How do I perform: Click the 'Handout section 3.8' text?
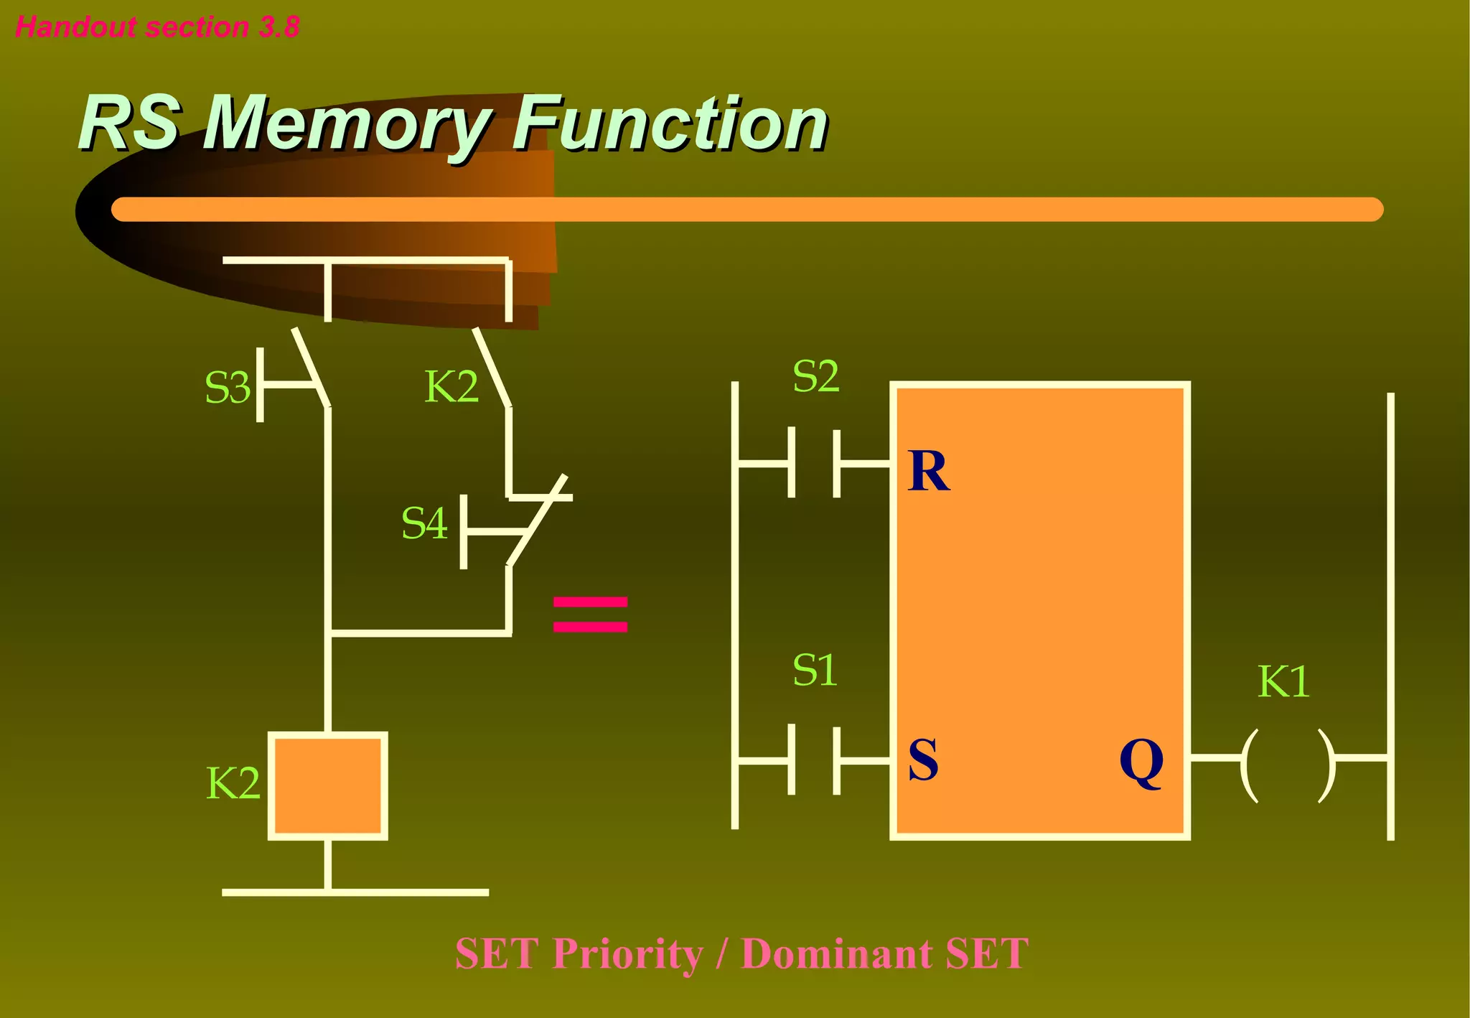[157, 27]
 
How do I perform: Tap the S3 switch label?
[227, 388]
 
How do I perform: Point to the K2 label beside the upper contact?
[451, 387]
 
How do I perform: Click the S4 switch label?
[424, 523]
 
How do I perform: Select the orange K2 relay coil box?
[328, 785]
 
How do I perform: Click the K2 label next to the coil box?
[233, 783]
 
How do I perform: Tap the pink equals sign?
[590, 615]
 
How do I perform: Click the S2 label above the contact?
[815, 376]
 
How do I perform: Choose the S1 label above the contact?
[815, 671]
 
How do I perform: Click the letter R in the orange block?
[928, 472]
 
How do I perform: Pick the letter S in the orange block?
[923, 760]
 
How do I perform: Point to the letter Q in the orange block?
[1141, 762]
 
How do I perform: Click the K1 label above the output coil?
[1283, 682]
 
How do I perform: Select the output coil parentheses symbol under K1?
[1288, 765]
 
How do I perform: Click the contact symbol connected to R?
[815, 463]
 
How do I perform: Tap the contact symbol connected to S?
[815, 760]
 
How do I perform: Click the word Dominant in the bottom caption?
[836, 954]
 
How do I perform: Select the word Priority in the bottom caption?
[628, 954]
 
